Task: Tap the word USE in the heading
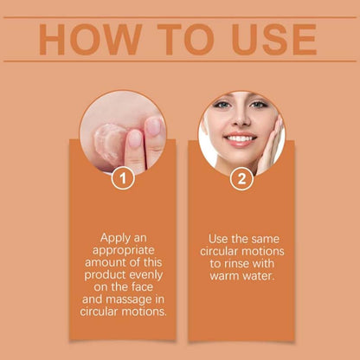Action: point(264,40)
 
